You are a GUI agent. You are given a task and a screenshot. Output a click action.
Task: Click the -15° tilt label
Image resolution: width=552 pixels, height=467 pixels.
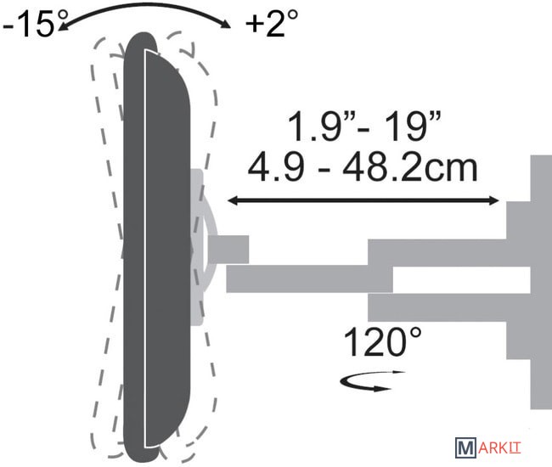pyautogui.click(x=35, y=23)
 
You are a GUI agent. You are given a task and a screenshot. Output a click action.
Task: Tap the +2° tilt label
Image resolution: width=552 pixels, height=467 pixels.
pyautogui.click(x=272, y=23)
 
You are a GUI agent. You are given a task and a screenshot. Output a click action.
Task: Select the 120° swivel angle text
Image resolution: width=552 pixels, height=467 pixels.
pyautogui.click(x=382, y=341)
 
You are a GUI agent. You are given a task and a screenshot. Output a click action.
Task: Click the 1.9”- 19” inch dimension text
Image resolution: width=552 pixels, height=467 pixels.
pyautogui.click(x=364, y=127)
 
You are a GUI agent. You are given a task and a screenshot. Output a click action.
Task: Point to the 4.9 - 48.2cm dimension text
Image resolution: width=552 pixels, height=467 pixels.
pyautogui.click(x=363, y=168)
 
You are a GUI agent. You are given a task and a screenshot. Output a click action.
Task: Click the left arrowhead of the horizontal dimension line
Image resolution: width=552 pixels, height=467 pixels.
pyautogui.click(x=233, y=201)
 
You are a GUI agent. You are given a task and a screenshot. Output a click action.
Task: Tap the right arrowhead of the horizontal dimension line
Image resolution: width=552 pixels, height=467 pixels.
pyautogui.click(x=493, y=201)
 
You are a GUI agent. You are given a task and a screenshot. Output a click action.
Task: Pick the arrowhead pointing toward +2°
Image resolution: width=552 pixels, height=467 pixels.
pyautogui.click(x=225, y=24)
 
